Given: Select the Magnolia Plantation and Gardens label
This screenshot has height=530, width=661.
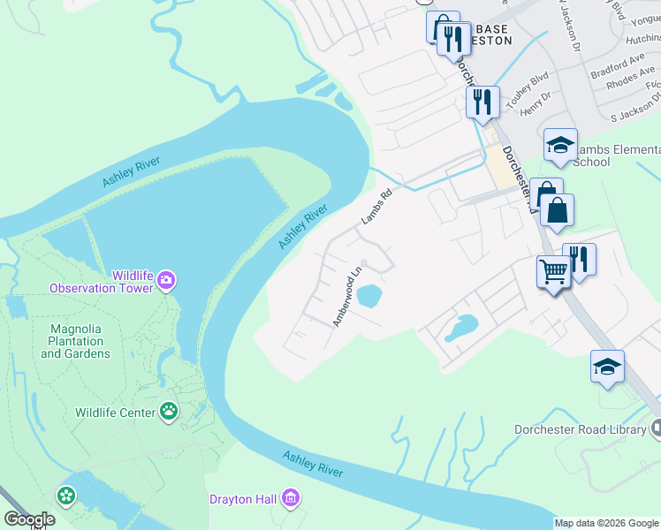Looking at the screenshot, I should [x=76, y=341].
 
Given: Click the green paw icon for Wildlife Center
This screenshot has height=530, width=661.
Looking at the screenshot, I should [x=169, y=411].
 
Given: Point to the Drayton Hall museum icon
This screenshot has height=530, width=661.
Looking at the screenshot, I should [x=290, y=500].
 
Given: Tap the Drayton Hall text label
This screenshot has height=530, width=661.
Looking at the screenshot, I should [x=243, y=500].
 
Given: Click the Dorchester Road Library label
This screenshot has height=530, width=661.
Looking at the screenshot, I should [x=580, y=430].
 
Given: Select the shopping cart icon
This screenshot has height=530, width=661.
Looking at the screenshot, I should [x=553, y=271].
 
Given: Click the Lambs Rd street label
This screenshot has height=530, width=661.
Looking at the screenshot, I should [x=375, y=208].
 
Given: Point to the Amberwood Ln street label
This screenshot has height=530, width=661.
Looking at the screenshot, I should [x=347, y=298].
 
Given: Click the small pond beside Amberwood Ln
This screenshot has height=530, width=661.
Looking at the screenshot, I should [x=370, y=296].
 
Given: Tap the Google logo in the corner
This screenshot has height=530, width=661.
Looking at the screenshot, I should [x=30, y=519].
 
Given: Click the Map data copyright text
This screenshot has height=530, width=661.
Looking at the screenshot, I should [x=607, y=523].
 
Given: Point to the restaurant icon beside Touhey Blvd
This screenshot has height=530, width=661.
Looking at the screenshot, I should [x=482, y=101].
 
